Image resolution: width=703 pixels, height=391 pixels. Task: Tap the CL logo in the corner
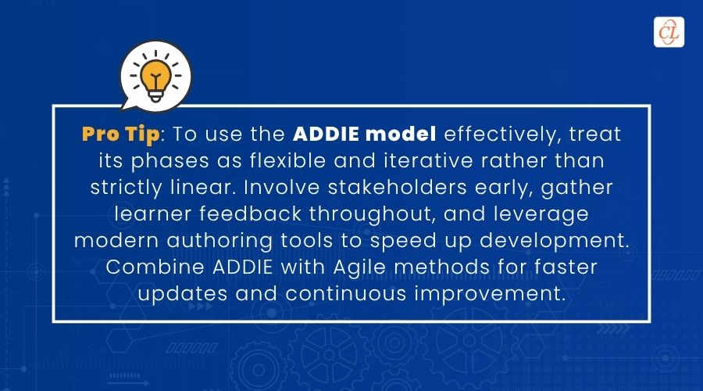(x=669, y=32)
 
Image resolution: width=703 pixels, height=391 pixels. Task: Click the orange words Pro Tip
(x=120, y=135)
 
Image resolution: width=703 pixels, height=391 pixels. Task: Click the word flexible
(x=287, y=161)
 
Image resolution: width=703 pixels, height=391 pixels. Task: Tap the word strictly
(x=126, y=188)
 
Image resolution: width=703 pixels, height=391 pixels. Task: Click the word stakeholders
(x=398, y=187)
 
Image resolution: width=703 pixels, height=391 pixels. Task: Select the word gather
(x=576, y=188)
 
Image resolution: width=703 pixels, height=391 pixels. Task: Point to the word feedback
(x=250, y=213)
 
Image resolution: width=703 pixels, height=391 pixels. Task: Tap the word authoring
(x=219, y=242)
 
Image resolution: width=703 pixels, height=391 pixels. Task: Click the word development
(x=555, y=242)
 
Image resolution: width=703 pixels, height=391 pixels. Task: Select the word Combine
(x=155, y=267)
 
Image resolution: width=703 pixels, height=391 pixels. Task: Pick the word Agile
(x=359, y=268)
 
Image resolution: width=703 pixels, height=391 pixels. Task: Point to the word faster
(x=566, y=267)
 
